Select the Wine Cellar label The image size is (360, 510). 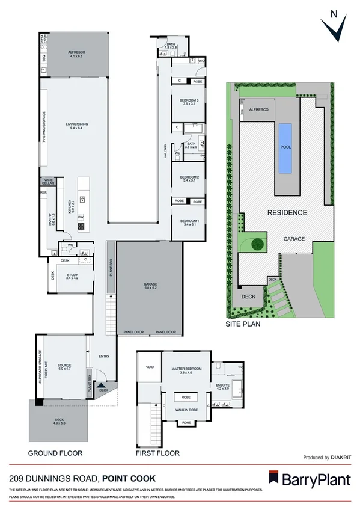[48, 182]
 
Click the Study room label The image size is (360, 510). [73, 276]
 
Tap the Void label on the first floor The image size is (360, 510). [150, 367]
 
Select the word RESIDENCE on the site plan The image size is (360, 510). [287, 212]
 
